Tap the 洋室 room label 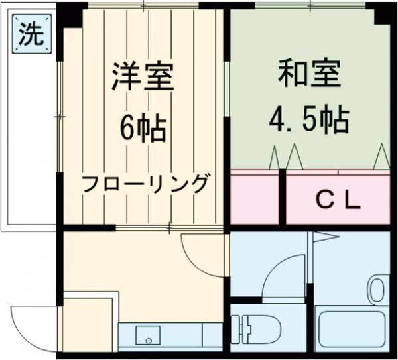point(142,76)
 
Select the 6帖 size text point(142,128)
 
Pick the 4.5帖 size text point(309,121)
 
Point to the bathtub point(351,330)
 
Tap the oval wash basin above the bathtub point(378,290)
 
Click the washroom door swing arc point(282,275)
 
